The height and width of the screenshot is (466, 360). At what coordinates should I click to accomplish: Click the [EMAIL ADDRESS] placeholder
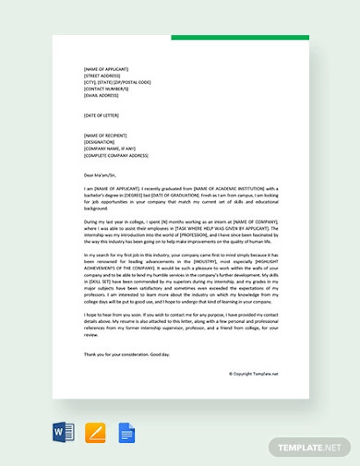pos(101,95)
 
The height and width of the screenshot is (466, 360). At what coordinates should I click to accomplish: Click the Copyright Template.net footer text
pos(253,374)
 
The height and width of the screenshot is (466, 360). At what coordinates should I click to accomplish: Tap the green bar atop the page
pos(240,38)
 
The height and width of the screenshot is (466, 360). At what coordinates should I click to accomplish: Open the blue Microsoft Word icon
pos(64,432)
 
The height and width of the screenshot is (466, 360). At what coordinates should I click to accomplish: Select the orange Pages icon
pos(95,432)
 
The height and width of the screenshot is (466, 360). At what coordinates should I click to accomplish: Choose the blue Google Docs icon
pos(126,432)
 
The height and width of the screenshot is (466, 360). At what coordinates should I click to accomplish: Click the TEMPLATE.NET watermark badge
pos(309,447)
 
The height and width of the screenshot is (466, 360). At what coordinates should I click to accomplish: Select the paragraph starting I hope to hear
pos(180,325)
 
